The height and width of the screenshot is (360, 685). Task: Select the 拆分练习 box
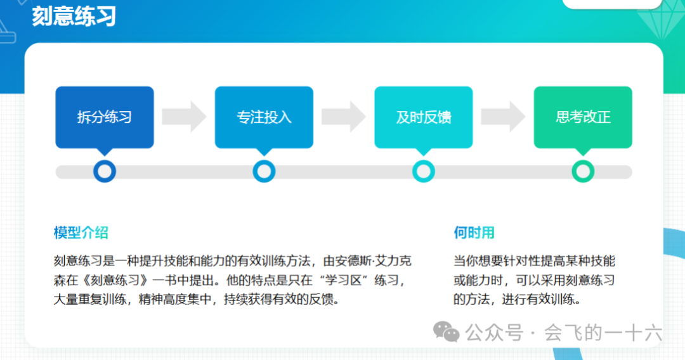[x=105, y=117]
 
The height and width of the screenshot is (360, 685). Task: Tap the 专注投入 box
[x=264, y=117]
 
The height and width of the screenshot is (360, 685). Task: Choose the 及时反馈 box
[x=423, y=117]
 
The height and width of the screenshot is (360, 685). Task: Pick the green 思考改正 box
[x=583, y=117]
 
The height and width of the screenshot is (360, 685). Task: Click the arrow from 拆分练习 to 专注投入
[x=184, y=117]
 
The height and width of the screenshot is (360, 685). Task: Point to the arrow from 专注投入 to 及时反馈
[x=343, y=117]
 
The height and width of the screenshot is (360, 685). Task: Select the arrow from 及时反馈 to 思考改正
[x=503, y=117]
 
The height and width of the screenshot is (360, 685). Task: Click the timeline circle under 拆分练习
[x=105, y=171]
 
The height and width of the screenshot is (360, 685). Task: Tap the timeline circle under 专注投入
[x=264, y=171]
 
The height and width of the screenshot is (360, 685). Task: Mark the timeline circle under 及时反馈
[x=423, y=171]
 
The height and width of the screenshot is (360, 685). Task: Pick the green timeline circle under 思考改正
[x=583, y=171]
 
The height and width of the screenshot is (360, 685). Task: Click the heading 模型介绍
[x=81, y=233]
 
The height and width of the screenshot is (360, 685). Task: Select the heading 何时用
[x=474, y=233]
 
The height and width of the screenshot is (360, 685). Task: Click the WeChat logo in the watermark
[x=447, y=331]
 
